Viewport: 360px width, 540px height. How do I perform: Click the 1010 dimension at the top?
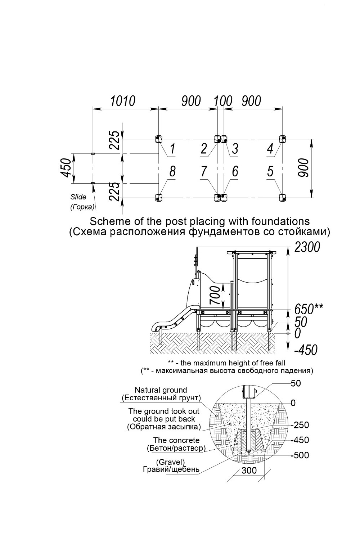point(123,101)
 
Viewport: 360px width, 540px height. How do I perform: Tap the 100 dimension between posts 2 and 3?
point(223,101)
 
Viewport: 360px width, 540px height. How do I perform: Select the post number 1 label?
point(172,148)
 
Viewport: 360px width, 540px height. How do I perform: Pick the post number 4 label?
point(270,148)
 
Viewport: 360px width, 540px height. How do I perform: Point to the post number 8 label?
point(172,171)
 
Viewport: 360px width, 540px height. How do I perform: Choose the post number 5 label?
point(270,171)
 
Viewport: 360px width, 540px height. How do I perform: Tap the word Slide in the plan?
point(78,197)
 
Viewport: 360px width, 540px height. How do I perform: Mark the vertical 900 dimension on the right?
point(303,168)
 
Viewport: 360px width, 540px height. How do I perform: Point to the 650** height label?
point(309,309)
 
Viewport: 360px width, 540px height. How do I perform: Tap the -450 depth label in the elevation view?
point(306,350)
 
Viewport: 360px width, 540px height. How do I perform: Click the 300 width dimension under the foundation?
point(249,470)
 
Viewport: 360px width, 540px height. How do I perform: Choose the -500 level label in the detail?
point(300,455)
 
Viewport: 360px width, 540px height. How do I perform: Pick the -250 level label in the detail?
point(300,425)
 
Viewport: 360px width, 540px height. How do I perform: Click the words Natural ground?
point(161,390)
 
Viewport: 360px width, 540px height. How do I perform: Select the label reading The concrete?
point(176,440)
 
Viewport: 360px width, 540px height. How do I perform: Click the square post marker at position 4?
point(282,139)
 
